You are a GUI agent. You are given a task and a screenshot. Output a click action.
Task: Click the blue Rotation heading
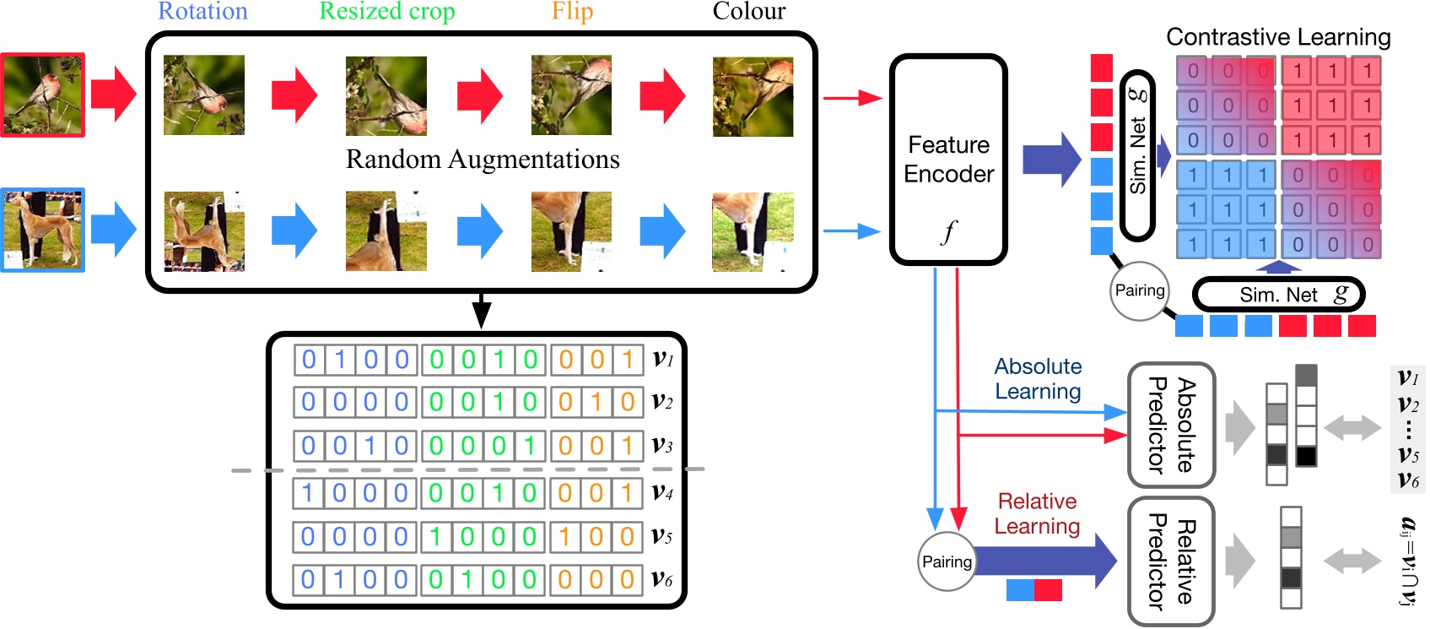tap(202, 12)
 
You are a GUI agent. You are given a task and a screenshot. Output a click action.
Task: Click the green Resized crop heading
tap(387, 12)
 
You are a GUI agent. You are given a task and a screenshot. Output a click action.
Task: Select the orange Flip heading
tap(572, 12)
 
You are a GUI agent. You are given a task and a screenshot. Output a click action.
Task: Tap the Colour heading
tap(748, 12)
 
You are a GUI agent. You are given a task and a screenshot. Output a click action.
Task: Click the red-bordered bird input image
tap(43, 95)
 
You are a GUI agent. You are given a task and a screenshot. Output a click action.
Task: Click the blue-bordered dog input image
tap(43, 230)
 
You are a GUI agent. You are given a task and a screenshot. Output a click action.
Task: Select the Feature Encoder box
tap(948, 160)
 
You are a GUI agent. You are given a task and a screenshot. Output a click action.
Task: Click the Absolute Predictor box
tap(1171, 426)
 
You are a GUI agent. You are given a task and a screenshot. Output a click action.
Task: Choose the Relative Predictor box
tap(1171, 561)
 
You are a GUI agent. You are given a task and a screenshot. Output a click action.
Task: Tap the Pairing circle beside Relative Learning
tap(947, 562)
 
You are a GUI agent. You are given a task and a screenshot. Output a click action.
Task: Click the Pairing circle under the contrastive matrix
tap(1140, 290)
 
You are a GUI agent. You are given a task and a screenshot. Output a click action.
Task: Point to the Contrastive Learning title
tap(1278, 37)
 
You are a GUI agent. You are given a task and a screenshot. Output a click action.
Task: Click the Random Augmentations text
tap(483, 160)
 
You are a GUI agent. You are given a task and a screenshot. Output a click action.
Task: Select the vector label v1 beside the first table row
tap(663, 359)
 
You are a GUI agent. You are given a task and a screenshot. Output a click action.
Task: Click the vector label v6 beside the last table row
tap(663, 579)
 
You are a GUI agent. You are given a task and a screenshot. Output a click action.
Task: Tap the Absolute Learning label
tap(1038, 379)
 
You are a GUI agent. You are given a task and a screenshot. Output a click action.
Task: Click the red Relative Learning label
tap(1037, 514)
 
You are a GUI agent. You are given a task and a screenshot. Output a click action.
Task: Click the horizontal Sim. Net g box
tap(1278, 295)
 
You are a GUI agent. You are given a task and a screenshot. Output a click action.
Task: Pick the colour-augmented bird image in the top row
tap(753, 96)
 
